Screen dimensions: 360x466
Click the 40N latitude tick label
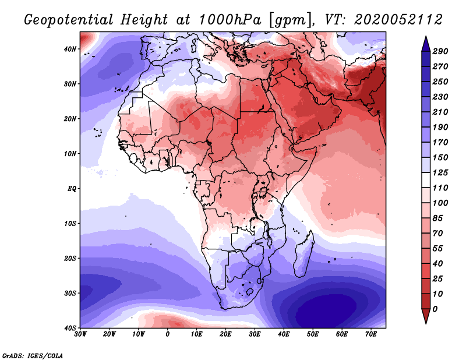coord(70,49)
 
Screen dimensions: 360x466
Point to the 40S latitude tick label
coord(70,327)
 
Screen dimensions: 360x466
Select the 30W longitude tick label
coord(80,334)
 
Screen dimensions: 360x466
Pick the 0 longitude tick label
coord(168,334)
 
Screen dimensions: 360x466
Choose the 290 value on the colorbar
coord(440,52)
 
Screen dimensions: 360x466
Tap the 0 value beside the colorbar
coord(436,308)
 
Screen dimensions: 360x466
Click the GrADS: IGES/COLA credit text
coord(33,355)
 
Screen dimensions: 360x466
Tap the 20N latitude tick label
coord(70,118)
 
